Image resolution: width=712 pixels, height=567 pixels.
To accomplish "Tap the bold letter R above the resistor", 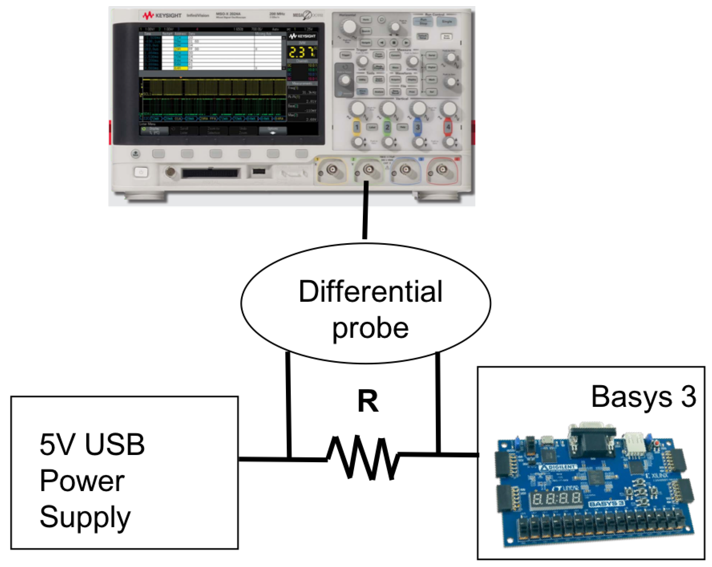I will tap(368, 401).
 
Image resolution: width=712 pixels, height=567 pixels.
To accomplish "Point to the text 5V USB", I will tap(92, 445).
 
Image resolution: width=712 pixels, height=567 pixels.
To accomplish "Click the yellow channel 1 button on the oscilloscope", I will tap(357, 127).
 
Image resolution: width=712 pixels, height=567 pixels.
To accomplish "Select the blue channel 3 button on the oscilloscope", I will tap(417, 127).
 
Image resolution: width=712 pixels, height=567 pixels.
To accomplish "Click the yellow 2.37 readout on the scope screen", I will tap(301, 52).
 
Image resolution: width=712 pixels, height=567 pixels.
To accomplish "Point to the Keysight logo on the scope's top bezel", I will tap(162, 15).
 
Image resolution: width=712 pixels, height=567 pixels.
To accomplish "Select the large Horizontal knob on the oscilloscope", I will tap(349, 27).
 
